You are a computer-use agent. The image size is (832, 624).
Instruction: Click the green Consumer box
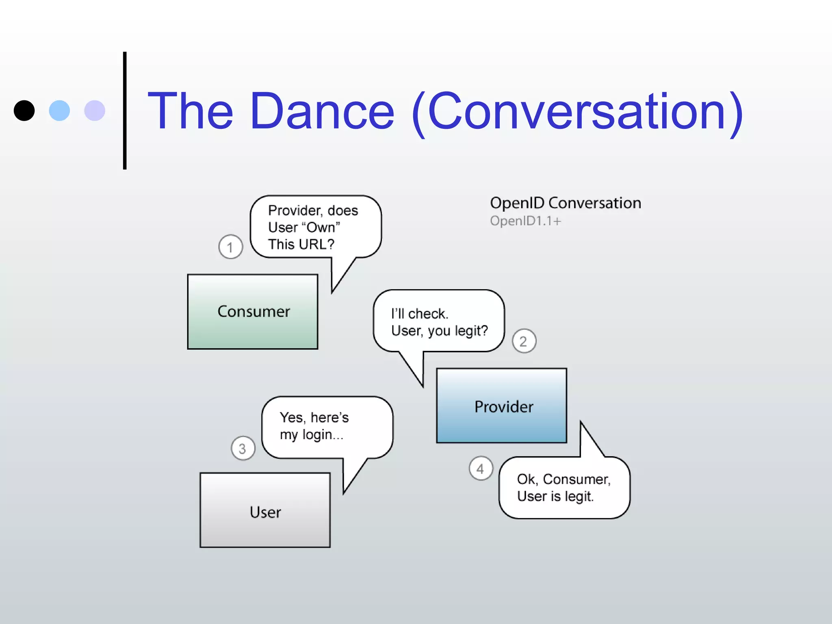252,312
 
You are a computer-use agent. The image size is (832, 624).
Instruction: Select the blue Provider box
501,406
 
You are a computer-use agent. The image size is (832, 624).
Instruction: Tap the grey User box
265,510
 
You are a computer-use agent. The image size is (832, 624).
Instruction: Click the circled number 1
230,247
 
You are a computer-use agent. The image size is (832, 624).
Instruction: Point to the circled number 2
524,341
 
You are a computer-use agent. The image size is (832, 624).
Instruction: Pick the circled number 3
243,448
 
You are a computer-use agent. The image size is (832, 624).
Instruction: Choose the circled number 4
481,468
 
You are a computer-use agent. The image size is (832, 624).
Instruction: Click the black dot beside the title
24,110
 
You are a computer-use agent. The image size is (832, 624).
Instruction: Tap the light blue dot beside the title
59,110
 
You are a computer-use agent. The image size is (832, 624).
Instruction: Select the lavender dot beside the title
95,110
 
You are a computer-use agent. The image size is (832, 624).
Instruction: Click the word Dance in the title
322,111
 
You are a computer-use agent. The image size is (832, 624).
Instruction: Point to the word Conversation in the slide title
577,111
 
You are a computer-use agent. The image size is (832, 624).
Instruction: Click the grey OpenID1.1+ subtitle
525,221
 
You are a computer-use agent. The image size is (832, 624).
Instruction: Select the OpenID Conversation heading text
565,203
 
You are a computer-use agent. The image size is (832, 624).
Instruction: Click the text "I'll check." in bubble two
420,314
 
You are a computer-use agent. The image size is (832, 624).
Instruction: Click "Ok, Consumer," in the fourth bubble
563,479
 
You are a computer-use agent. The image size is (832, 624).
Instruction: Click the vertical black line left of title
125,110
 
